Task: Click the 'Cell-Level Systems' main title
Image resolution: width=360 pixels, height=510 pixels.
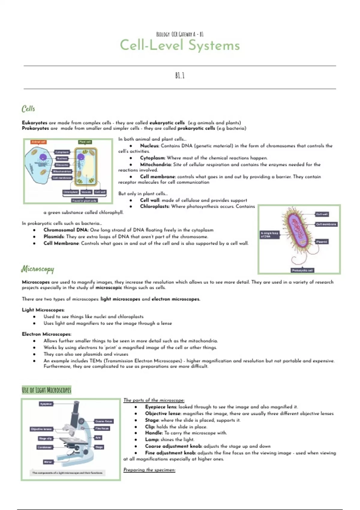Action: click(180, 46)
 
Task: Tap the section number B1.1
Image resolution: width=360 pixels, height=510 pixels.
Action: click(180, 76)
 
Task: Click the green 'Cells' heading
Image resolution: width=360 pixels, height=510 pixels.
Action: click(28, 109)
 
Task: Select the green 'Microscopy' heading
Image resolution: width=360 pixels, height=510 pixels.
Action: click(37, 269)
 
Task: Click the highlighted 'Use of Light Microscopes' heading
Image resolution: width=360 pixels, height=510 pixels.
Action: click(46, 390)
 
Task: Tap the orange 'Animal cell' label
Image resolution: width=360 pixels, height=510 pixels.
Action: click(39, 142)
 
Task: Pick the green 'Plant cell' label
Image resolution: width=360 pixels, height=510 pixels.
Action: click(85, 142)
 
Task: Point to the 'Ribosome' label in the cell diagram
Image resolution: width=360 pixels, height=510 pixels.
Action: click(62, 165)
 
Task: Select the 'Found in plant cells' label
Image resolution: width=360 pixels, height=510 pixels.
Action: click(85, 200)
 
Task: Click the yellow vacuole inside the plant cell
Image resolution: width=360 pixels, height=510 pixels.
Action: click(89, 169)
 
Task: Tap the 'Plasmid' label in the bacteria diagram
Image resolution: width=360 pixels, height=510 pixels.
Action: click(322, 241)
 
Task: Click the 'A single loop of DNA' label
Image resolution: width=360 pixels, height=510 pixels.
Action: click(270, 235)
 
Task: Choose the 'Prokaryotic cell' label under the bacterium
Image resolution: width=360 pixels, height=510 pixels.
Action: click(302, 270)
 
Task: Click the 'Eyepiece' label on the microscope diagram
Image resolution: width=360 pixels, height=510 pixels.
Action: click(46, 404)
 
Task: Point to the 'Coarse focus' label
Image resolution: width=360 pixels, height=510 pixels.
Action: click(104, 421)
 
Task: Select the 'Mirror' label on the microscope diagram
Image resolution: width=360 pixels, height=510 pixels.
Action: click(48, 462)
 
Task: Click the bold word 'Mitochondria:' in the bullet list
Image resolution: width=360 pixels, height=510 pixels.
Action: click(156, 164)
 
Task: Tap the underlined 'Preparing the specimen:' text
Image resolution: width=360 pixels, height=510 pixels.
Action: click(149, 470)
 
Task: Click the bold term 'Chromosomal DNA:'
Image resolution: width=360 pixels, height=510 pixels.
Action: click(66, 230)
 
